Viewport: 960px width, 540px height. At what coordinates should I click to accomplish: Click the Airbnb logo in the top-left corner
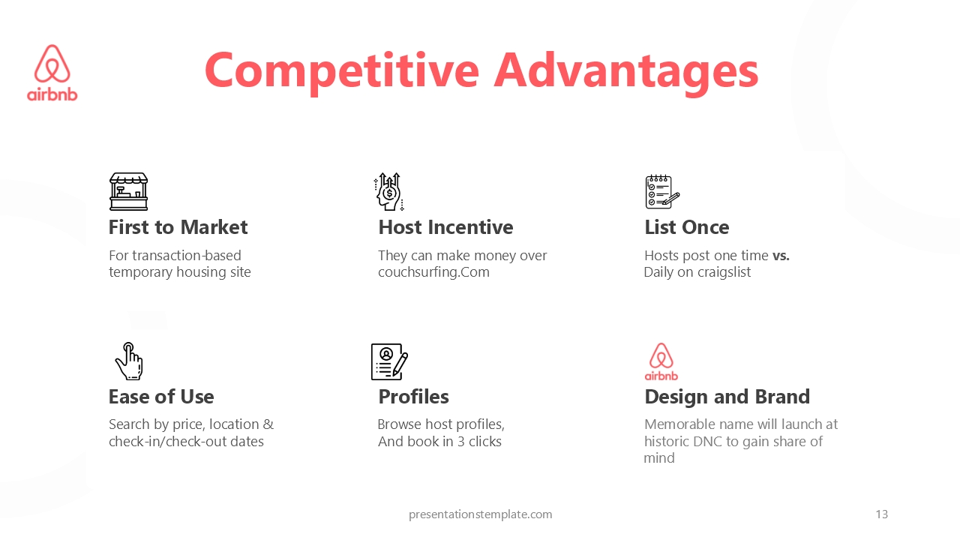[52, 73]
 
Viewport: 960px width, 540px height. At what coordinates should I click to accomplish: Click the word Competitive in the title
[341, 71]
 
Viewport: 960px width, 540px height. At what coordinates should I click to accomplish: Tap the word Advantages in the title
[626, 71]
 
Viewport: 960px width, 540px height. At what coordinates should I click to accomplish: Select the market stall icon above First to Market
[128, 191]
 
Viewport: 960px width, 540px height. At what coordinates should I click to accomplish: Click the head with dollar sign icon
[389, 191]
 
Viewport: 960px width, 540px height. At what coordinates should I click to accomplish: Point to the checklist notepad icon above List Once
[662, 191]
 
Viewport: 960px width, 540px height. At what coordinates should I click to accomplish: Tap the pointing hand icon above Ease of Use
[128, 361]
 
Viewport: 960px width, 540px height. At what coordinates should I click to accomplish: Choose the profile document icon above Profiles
[389, 361]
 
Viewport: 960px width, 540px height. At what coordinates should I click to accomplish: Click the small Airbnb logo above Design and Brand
[661, 361]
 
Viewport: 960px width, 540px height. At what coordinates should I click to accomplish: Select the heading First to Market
[178, 227]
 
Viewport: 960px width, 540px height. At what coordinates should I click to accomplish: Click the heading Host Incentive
[445, 227]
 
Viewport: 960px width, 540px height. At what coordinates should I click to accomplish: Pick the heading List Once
[686, 227]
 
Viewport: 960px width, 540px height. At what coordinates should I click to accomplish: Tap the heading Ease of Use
[161, 397]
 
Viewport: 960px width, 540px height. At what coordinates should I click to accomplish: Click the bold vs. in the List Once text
[781, 256]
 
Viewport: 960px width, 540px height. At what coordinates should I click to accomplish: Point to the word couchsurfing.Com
[433, 272]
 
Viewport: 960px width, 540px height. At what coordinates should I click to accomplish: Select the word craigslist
[724, 272]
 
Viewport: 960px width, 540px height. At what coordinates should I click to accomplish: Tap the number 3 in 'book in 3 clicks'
[460, 442]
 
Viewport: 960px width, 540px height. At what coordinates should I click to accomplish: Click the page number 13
[881, 514]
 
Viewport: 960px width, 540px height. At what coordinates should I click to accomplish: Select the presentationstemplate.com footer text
[481, 514]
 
